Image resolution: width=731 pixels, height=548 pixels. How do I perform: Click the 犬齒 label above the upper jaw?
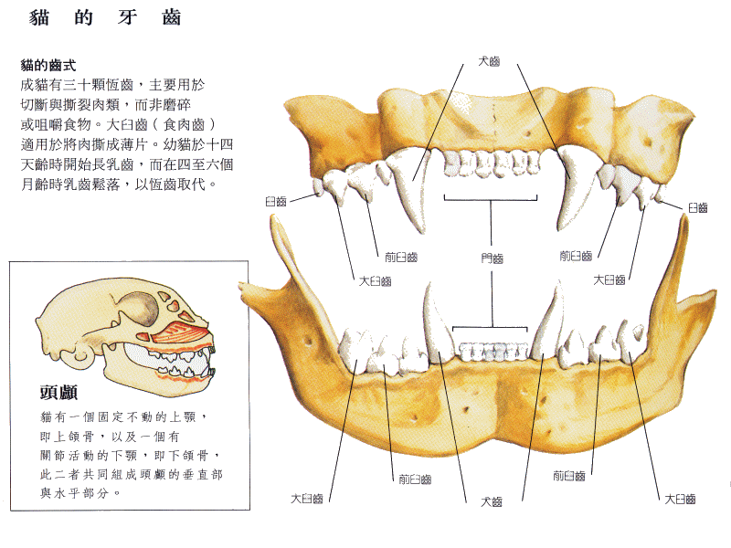click(489, 61)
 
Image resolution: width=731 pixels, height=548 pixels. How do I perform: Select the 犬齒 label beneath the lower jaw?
click(492, 501)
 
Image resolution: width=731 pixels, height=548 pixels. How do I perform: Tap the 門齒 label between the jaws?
click(493, 258)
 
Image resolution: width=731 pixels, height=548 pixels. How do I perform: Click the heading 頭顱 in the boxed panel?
click(58, 393)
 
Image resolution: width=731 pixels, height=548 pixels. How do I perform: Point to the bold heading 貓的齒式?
click(48, 65)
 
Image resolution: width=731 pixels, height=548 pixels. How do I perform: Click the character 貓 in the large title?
click(39, 17)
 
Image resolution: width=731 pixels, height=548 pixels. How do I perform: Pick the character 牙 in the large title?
click(127, 17)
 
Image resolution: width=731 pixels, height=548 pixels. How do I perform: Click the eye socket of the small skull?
click(139, 309)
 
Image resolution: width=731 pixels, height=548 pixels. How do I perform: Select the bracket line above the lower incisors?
click(490, 328)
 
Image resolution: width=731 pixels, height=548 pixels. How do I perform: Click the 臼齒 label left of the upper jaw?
click(276, 201)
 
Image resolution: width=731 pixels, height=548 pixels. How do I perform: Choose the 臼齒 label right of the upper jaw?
click(698, 208)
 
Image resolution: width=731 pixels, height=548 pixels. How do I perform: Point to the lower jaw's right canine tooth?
click(550, 321)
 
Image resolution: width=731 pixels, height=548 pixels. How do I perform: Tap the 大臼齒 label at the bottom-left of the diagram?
click(307, 499)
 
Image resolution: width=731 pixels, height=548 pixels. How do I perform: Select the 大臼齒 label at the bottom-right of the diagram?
click(680, 499)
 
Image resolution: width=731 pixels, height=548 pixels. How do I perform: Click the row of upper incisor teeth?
click(492, 163)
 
